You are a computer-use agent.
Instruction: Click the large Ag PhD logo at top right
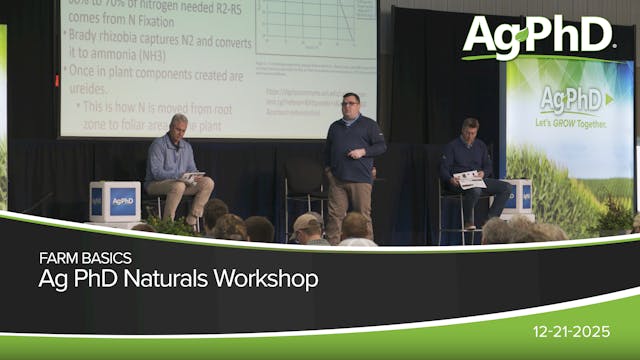537,37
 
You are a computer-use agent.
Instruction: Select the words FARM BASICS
85,258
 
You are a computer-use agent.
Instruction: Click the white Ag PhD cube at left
115,201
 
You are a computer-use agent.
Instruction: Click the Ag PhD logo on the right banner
576,100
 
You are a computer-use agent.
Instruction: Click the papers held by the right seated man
470,180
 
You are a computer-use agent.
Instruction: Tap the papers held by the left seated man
193,176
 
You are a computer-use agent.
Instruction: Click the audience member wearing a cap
307,227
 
